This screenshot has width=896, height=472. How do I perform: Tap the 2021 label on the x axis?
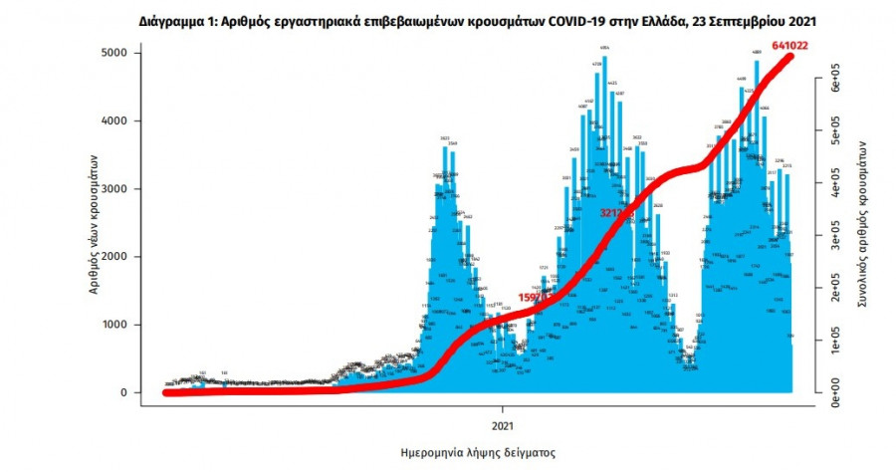coord(502,408)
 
